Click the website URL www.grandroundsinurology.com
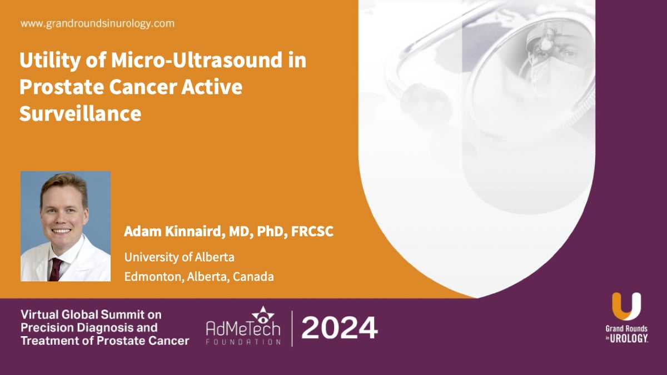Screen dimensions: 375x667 point(97,24)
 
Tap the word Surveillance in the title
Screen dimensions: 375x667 point(80,113)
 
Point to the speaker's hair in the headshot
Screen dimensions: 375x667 point(63,183)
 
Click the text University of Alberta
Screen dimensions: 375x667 point(180,257)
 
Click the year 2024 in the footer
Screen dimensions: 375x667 point(340,328)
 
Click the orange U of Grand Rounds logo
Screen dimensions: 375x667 point(626,306)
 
